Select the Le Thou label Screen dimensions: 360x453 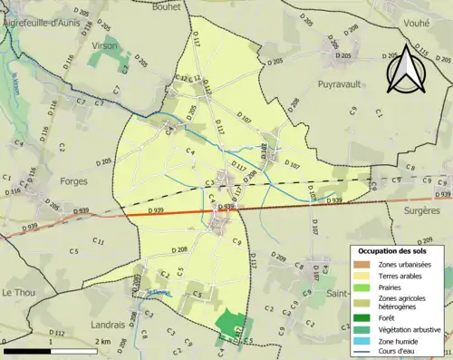click(x=18, y=292)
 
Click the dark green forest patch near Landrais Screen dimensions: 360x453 click(x=233, y=327)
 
